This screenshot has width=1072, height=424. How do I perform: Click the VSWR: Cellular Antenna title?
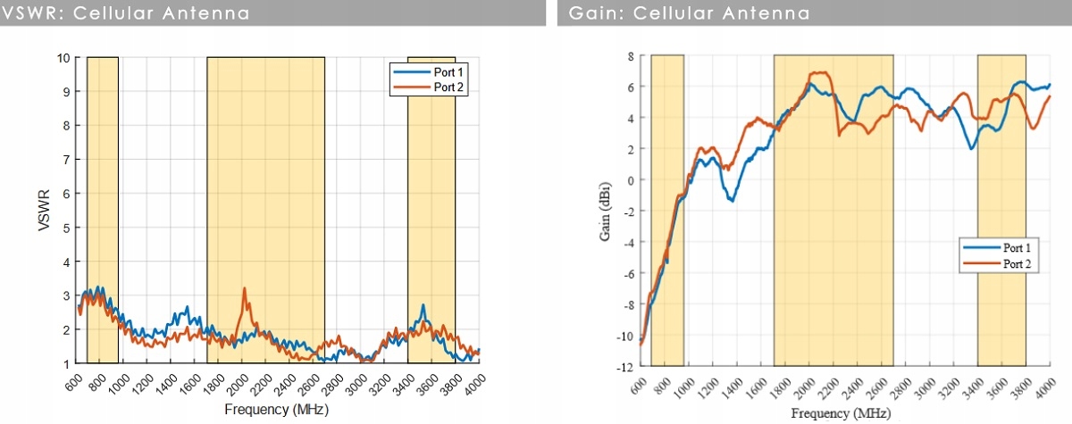pos(126,13)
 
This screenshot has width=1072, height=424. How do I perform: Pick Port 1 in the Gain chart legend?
pos(1018,247)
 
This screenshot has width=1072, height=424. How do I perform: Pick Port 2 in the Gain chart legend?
pos(1018,263)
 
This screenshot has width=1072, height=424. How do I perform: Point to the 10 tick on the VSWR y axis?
pos(64,57)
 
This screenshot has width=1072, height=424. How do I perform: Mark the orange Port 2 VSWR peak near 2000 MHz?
pos(244,289)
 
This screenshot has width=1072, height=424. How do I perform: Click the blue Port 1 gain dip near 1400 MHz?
pos(733,201)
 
